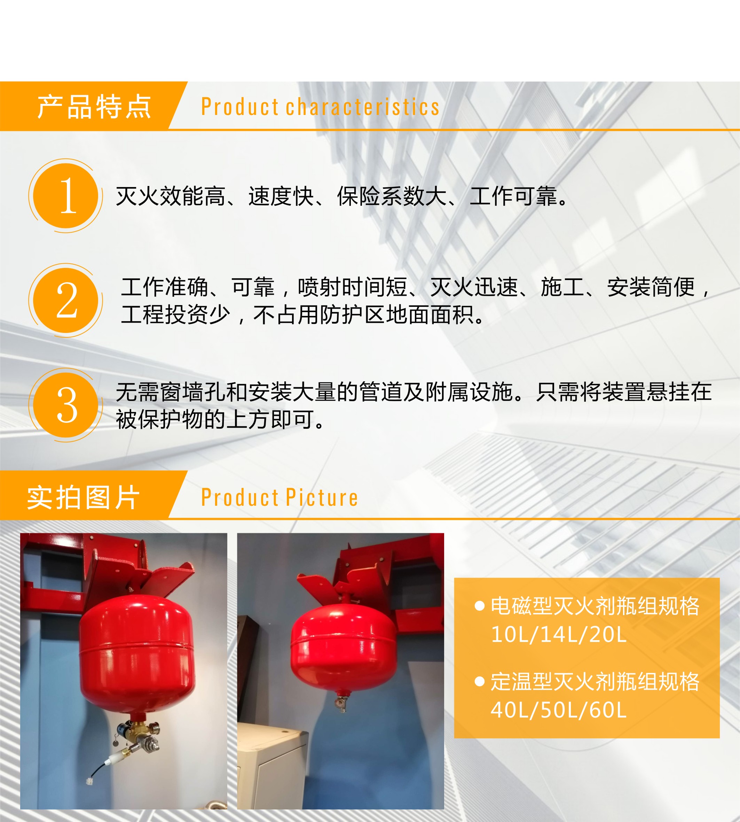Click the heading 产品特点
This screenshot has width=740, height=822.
94,107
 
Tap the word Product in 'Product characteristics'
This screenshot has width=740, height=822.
239,107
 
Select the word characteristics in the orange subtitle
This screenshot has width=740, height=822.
363,107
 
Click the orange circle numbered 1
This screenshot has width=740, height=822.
65,196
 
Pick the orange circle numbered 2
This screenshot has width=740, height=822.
65,300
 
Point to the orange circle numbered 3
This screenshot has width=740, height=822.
65,405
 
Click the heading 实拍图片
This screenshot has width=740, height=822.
83,497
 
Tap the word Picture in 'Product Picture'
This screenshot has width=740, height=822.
322,498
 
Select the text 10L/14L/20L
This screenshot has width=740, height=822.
559,634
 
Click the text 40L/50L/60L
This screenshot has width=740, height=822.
559,710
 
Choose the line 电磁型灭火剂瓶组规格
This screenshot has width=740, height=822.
595,606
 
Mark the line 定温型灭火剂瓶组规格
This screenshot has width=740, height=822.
595,682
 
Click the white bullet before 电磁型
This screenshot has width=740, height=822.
480,606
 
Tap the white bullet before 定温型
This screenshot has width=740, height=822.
480,682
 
